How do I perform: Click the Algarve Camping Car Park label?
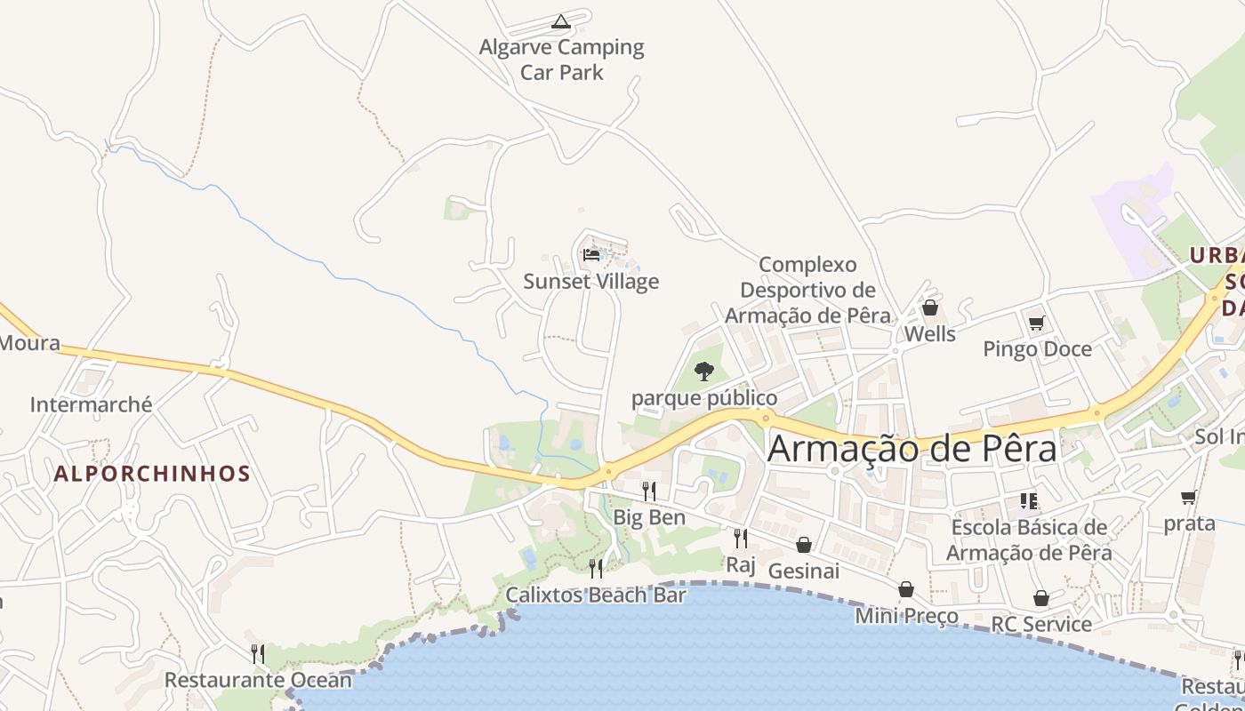561,60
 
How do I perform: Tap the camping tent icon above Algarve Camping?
561,21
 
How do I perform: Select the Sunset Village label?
591,282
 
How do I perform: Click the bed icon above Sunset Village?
591,256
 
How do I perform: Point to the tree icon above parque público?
704,371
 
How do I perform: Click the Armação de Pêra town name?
912,448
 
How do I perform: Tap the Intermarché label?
92,405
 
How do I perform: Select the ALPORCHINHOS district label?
152,474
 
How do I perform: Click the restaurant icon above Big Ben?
649,491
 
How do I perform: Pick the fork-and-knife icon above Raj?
740,538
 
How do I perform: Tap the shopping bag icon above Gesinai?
804,544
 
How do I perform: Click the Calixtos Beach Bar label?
596,595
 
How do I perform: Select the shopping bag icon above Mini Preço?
906,589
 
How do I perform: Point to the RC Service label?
1041,624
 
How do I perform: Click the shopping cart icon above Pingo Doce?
1036,323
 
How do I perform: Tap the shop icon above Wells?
930,308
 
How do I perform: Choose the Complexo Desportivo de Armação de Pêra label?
807,290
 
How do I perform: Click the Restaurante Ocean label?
258,681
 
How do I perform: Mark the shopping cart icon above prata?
1189,497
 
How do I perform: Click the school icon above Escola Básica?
1029,501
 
